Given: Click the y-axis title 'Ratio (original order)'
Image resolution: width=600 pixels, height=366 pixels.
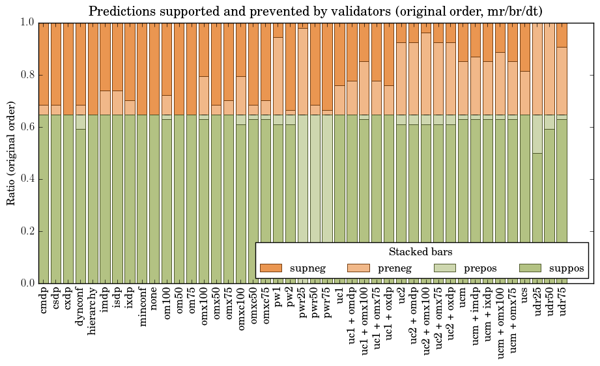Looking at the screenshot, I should (x=11, y=152).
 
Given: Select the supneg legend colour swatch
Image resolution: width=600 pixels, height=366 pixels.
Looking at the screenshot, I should (x=270, y=268).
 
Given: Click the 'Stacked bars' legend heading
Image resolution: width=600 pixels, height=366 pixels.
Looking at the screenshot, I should (x=420, y=252).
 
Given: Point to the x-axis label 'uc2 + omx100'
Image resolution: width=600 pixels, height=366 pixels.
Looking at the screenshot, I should (x=426, y=320).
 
